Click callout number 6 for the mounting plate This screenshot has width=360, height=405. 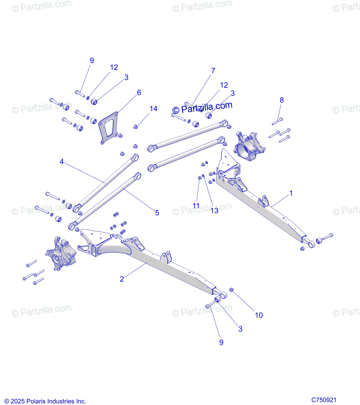click(139, 92)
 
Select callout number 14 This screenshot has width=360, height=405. click(153, 109)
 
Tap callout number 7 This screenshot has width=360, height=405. click(213, 71)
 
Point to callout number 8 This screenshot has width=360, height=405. click(282, 100)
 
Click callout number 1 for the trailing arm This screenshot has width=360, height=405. click(291, 193)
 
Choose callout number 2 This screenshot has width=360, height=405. click(122, 279)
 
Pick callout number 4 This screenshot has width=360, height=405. click(61, 162)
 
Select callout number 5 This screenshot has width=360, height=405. click(157, 213)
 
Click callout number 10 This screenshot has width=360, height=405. click(259, 315)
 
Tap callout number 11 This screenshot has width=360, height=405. click(196, 206)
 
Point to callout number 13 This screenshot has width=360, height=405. click(214, 211)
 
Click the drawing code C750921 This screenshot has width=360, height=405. click(324, 400)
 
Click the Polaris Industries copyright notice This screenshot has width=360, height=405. click(45, 401)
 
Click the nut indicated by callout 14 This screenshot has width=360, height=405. click(135, 127)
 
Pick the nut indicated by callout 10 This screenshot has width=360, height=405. click(232, 290)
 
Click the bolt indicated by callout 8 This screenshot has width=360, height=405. click(277, 121)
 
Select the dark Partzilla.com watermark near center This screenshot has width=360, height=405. click(202, 108)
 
